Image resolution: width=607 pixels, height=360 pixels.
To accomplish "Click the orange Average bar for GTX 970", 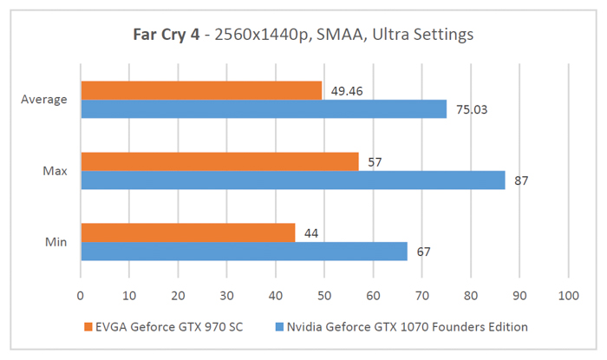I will click(201, 90).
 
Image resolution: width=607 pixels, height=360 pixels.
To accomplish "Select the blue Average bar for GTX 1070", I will click(263, 108).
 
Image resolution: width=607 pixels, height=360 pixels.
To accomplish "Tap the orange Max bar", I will click(219, 161).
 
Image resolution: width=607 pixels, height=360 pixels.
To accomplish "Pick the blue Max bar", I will click(292, 180).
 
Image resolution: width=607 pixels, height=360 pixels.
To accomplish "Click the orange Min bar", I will click(187, 232).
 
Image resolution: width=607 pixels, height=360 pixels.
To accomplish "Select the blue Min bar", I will click(244, 251).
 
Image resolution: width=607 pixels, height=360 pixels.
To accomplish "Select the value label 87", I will click(520, 180).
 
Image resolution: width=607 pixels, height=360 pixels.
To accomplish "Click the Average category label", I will click(44, 100).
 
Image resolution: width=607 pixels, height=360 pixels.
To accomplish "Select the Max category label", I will click(55, 171).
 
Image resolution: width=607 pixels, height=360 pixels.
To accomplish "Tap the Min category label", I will click(56, 242).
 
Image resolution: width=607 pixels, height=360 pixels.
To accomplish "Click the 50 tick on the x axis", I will click(324, 296).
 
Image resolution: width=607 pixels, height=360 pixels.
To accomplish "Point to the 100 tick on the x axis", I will click(568, 296).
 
